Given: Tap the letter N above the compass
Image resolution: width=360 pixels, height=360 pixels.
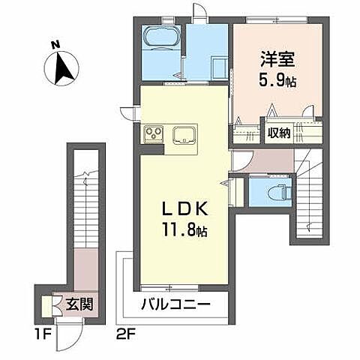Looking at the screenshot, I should click(x=55, y=45).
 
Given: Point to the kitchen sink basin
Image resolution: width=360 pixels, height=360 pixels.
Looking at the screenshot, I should click(x=184, y=136).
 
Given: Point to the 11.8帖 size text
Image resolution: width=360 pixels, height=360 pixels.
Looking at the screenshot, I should click(x=182, y=230).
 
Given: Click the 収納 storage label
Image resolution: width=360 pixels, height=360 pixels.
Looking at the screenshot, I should click(x=280, y=133).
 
